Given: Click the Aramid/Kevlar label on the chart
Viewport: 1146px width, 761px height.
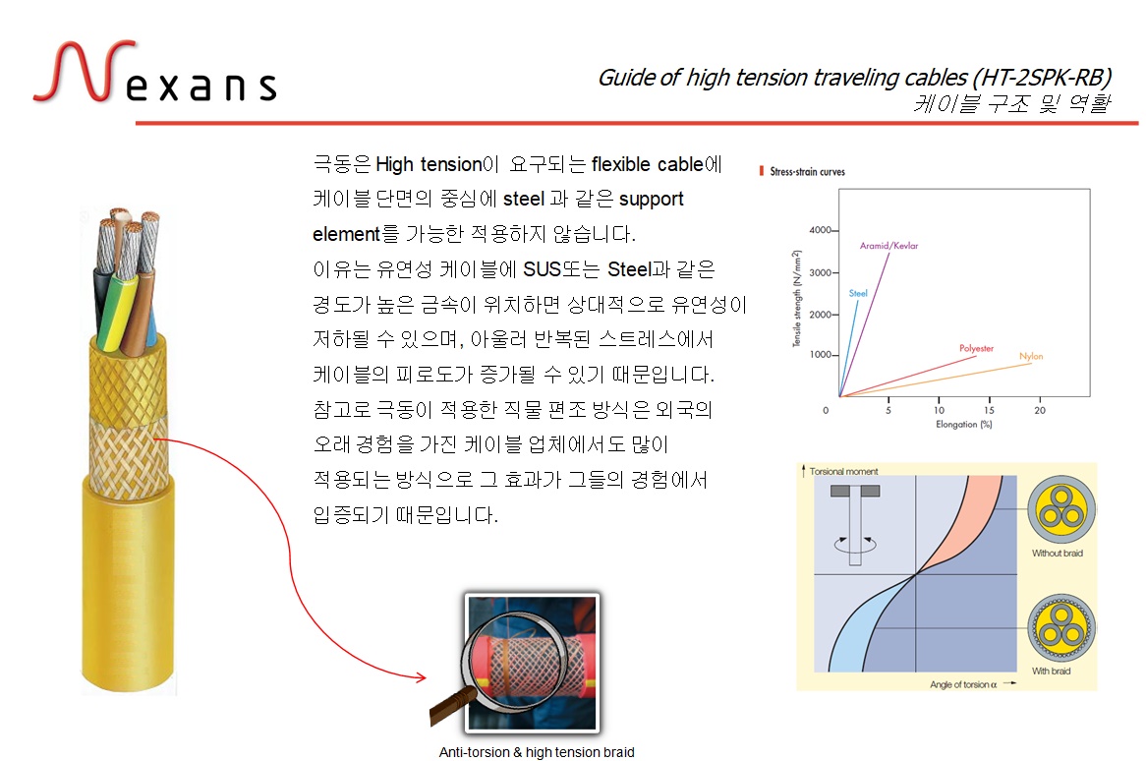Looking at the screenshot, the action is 888,246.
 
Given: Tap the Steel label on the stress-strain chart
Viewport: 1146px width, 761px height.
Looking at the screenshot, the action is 858,293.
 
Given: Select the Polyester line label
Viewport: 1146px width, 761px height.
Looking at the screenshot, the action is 976,348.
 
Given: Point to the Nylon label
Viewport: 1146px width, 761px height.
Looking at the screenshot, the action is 1031,356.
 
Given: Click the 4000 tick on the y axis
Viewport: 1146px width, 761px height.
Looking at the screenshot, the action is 820,230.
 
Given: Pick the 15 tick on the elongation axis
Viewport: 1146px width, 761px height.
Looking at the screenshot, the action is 989,410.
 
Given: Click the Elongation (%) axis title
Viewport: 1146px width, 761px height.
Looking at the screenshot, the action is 964,424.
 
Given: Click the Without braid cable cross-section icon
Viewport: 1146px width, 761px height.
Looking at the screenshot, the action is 1061,509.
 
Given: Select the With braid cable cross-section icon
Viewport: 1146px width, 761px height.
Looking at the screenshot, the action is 1061,628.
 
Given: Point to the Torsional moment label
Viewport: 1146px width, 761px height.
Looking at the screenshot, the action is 843,472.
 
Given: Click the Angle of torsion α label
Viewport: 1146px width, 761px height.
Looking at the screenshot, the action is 963,685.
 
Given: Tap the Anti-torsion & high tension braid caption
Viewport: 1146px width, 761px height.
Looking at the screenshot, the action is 537,752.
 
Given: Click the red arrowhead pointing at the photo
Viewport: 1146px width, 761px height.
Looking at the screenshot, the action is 421,676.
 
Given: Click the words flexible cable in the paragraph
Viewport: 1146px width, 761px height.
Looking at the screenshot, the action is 648,164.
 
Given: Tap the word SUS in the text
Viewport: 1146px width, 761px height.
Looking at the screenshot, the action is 543,269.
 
